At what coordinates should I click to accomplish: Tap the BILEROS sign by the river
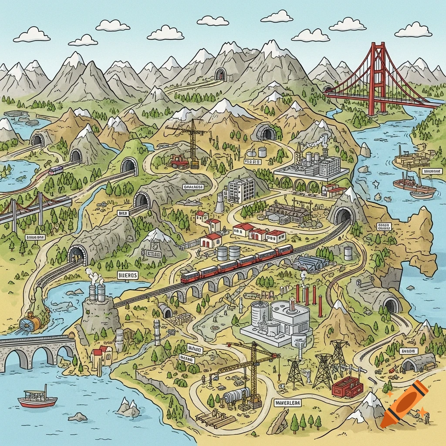click(128, 275)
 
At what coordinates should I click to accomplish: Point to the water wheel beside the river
click(30, 323)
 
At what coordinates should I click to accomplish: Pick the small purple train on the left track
click(55, 170)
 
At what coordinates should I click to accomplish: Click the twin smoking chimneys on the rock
click(97, 291)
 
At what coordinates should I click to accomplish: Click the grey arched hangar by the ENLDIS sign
click(418, 362)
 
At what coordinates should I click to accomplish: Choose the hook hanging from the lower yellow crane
click(277, 358)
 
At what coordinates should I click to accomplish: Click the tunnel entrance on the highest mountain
click(221, 74)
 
